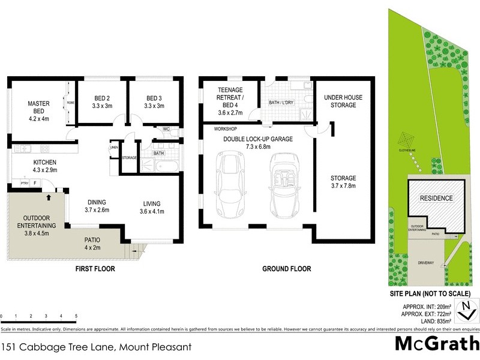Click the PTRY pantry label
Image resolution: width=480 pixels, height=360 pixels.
pos(25,183)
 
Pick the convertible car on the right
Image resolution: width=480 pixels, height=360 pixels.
pos(283,180)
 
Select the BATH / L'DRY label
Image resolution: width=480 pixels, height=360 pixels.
pos(282,103)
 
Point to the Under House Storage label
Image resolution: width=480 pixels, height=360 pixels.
pos(340,101)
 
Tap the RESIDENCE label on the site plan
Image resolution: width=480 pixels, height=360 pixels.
pos(436,198)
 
